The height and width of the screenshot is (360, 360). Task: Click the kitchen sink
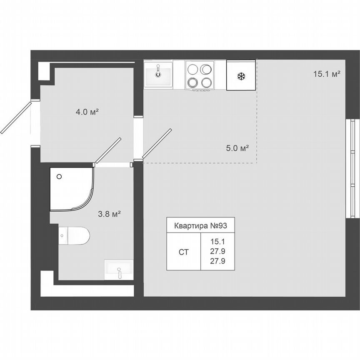158,74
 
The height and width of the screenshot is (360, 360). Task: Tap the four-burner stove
200,75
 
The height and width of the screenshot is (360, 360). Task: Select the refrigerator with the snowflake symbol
240,75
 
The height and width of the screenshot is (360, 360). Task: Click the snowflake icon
240,76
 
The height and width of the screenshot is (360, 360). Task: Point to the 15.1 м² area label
327,74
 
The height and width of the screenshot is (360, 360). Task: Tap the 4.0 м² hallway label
87,112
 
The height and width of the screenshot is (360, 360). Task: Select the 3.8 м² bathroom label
109,214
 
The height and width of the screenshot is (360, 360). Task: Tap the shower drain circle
59,176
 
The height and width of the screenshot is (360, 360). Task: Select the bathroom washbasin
119,270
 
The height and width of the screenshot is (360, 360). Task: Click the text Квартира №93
200,226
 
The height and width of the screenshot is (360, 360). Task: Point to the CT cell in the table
183,252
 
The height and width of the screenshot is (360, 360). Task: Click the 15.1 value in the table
217,241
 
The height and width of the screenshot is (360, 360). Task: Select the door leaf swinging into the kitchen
157,143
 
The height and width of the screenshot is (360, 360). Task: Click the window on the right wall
352,169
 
